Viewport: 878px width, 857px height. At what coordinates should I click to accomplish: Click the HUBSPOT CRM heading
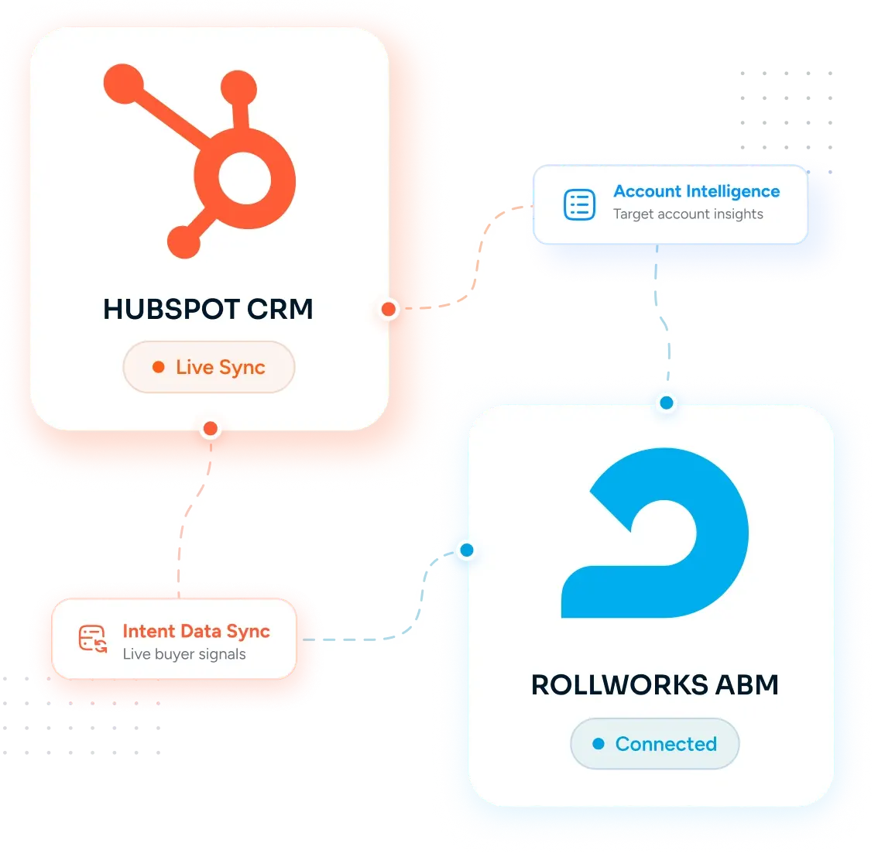coord(207,309)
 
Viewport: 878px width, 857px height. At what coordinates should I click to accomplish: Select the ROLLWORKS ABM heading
coord(654,684)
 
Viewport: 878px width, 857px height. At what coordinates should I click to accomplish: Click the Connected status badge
coord(654,743)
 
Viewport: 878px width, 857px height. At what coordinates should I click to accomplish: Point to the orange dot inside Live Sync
coord(159,367)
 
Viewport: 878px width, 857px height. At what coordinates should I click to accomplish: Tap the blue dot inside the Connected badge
coord(598,743)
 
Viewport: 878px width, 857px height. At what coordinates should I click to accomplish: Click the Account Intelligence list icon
coord(580,204)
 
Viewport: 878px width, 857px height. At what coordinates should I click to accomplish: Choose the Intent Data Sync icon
coord(93,639)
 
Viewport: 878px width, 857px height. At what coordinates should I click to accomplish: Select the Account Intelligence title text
coord(697,191)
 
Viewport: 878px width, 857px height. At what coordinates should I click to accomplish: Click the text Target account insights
coord(688,214)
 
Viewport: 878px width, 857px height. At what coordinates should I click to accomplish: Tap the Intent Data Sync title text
coord(197,632)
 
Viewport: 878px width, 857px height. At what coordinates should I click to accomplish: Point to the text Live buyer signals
coord(184,654)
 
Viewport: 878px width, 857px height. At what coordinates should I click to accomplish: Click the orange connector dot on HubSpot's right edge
coord(389,309)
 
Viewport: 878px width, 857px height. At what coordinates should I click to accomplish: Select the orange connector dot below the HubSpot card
coord(211,429)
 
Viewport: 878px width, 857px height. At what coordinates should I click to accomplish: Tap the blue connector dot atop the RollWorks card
coord(667,403)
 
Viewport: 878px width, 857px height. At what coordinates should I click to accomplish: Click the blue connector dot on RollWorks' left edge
coord(467,550)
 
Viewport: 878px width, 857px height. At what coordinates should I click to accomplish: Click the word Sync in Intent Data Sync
coord(248,632)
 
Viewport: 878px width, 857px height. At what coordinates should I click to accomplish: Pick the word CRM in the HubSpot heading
coord(280,309)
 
